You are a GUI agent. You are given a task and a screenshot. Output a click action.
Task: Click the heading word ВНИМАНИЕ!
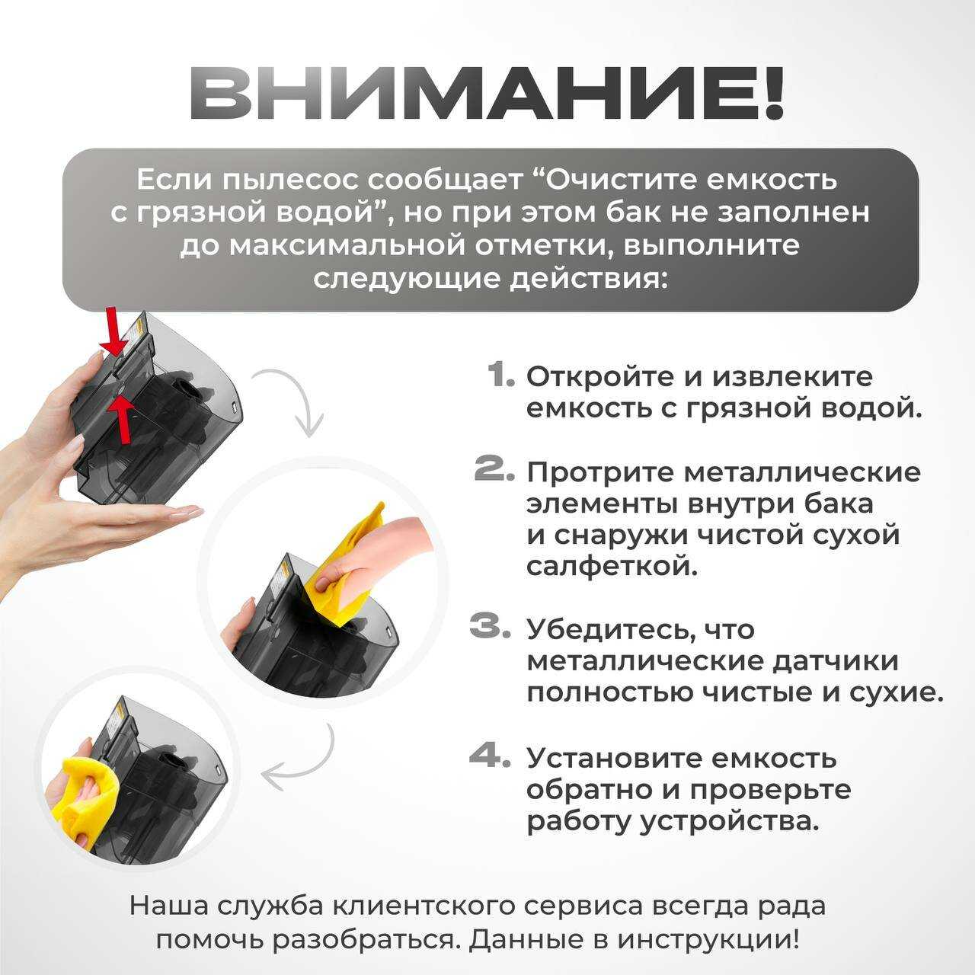click(x=487, y=96)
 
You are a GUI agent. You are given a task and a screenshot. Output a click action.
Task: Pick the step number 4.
click(x=490, y=770)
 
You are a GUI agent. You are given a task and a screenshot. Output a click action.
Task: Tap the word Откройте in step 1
click(x=600, y=378)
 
